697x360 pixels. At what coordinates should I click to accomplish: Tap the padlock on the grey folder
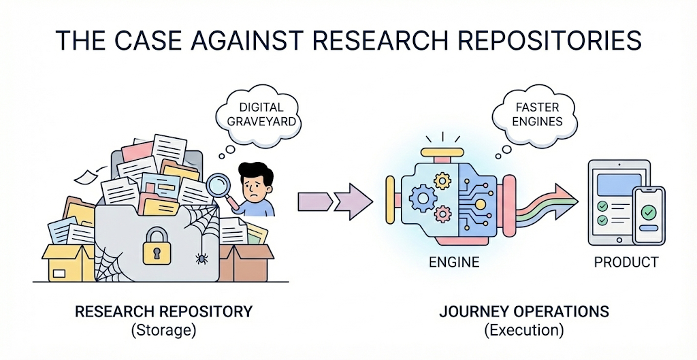156,245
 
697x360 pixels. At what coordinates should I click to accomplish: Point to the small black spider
201,258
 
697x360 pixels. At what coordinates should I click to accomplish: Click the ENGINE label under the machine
453,262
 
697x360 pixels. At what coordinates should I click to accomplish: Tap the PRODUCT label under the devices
626,262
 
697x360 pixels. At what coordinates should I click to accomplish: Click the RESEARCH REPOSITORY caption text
163,312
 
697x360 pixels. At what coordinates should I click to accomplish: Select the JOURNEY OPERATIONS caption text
524,312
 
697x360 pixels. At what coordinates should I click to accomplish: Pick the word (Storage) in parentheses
163,331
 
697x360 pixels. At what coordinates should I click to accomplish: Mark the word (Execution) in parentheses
524,331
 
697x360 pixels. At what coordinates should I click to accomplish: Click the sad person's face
253,179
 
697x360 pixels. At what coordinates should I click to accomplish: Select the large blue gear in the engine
421,197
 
